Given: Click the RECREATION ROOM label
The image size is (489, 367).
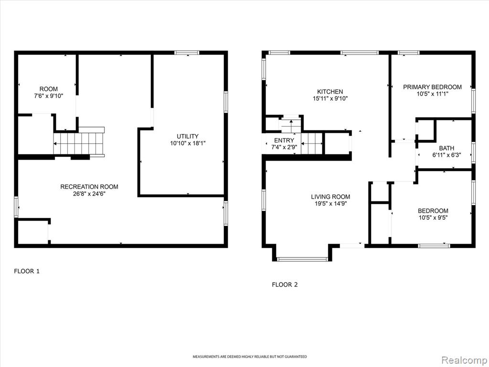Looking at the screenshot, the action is [89, 187].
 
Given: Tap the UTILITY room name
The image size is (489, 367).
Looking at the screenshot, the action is [187, 136].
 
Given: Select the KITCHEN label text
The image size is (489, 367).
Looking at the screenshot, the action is [330, 92].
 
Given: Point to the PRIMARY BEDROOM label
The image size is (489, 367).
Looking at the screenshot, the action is [432, 87].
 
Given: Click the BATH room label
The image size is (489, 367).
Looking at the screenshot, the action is [446, 148].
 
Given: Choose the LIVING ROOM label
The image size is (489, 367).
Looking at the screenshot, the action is [330, 196].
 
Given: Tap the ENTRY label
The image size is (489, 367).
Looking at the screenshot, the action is [284, 140].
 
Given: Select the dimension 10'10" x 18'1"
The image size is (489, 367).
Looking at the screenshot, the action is [188, 143].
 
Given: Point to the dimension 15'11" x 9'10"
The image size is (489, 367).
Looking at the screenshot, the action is [330, 99].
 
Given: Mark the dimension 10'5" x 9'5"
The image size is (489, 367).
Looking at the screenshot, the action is [433, 218].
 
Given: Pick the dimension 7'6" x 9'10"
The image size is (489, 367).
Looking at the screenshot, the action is [49, 96].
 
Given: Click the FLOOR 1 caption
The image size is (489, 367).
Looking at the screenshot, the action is [27, 271].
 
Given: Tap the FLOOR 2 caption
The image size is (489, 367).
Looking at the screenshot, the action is [285, 285].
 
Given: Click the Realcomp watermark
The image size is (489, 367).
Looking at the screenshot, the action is [464, 360].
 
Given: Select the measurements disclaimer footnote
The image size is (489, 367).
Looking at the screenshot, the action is [249, 356].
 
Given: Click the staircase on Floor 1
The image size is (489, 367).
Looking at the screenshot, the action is [79, 143].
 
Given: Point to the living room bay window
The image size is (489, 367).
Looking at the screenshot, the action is [302, 259].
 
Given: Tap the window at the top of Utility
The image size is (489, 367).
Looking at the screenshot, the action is [187, 53].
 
